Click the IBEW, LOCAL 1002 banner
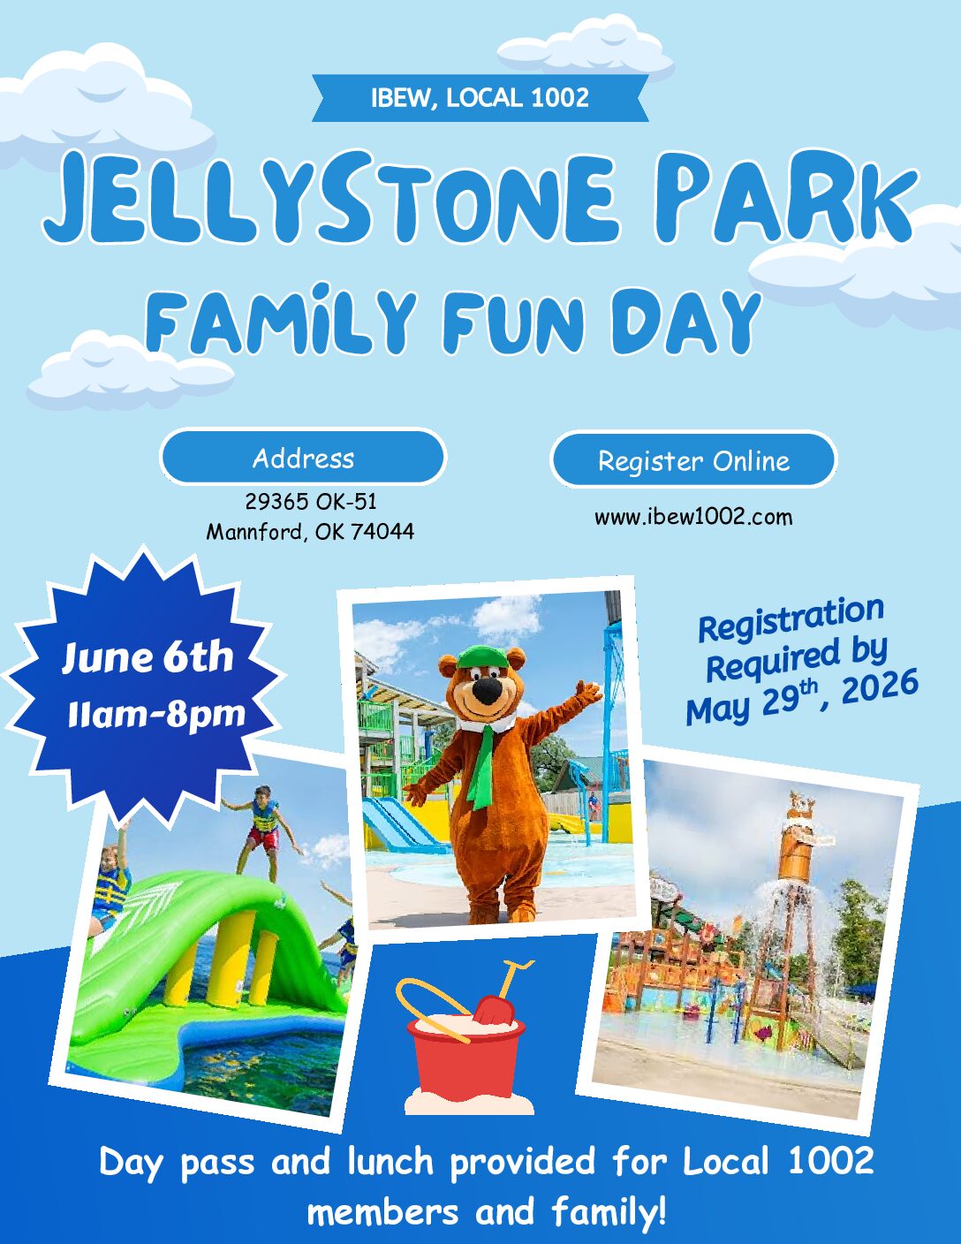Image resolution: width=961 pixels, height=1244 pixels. pyautogui.click(x=480, y=98)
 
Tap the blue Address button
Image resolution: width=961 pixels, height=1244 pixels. pyautogui.click(x=303, y=458)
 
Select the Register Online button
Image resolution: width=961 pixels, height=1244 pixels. pyautogui.click(x=693, y=459)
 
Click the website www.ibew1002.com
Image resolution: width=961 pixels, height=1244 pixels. pyautogui.click(x=693, y=518)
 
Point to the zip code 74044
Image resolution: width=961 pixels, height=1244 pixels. pyautogui.click(x=382, y=532)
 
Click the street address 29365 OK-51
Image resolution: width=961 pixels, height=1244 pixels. pyautogui.click(x=311, y=502)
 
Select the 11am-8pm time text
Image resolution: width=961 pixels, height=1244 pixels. pyautogui.click(x=156, y=714)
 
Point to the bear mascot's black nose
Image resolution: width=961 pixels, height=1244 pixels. pyautogui.click(x=487, y=690)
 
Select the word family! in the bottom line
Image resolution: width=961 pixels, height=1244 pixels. pyautogui.click(x=609, y=1211)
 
